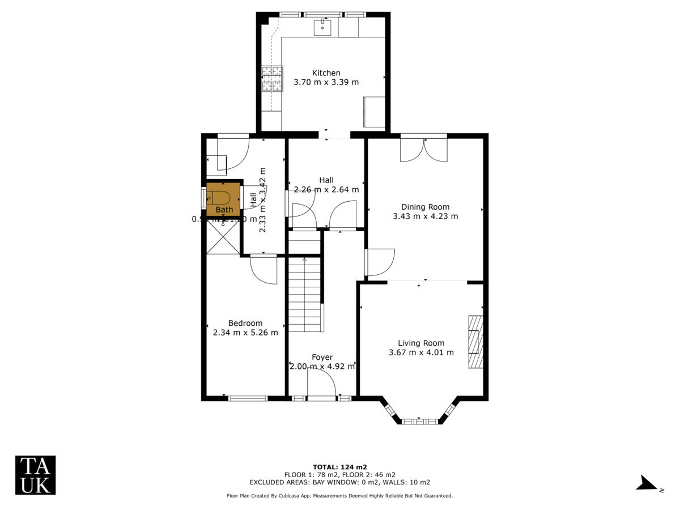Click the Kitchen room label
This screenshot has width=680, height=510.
pyautogui.click(x=326, y=73)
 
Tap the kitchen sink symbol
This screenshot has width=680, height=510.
pyautogui.click(x=322, y=27)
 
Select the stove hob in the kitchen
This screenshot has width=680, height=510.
pyautogui.click(x=272, y=78)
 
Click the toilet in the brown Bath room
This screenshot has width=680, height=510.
pyautogui.click(x=219, y=198)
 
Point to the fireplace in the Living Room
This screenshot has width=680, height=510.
pyautogui.click(x=475, y=342)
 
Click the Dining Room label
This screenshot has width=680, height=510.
pyautogui.click(x=425, y=207)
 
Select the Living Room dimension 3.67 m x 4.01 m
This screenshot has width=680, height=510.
pyautogui.click(x=421, y=352)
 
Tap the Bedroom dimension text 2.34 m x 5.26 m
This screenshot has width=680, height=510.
pyautogui.click(x=245, y=333)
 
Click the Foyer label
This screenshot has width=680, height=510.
pyautogui.click(x=322, y=357)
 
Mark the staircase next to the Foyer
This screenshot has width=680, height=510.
pyautogui.click(x=305, y=295)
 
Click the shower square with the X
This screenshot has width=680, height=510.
pyautogui.click(x=223, y=236)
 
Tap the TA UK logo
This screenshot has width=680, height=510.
pyautogui.click(x=35, y=475)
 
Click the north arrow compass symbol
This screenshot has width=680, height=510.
pyautogui.click(x=647, y=483)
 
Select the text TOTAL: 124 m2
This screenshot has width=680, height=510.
pyautogui.click(x=339, y=467)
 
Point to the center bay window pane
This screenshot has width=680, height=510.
pyautogui.click(x=419, y=421)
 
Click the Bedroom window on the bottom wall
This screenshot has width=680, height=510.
pyautogui.click(x=248, y=398)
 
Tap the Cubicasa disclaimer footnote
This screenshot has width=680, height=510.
pyautogui.click(x=339, y=496)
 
